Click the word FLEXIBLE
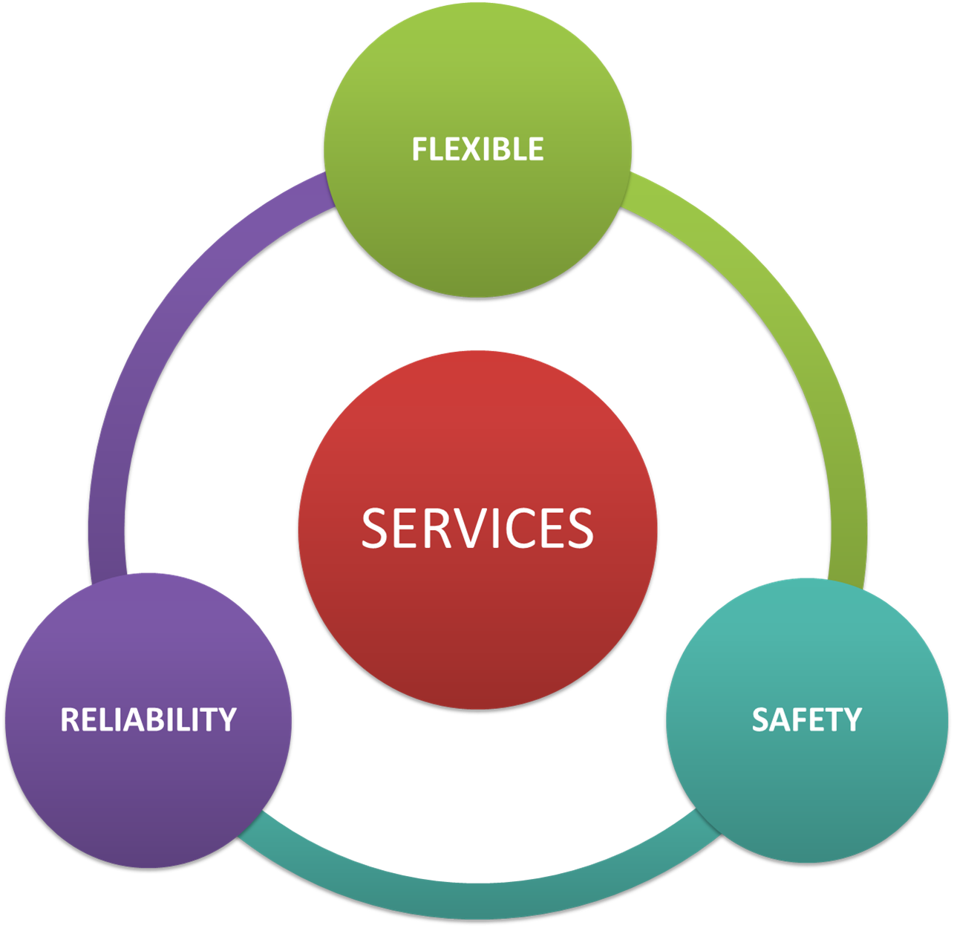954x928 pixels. tap(477, 148)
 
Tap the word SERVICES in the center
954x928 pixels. tap(477, 528)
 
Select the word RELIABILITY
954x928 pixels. tap(148, 719)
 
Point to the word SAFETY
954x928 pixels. tap(806, 719)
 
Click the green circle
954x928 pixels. tap(477, 149)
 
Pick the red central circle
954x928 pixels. tap(477, 529)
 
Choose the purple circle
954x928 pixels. tap(148, 721)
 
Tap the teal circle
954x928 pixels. tap(807, 721)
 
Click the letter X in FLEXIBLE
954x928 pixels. tap(471, 148)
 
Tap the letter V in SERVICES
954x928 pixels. tap(463, 528)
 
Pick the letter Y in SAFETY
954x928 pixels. tap(852, 719)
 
